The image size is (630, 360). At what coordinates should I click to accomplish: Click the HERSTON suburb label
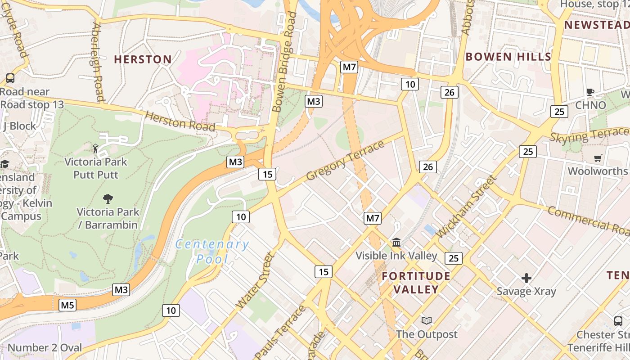(x=143, y=59)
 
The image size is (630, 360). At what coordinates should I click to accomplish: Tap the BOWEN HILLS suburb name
(x=508, y=57)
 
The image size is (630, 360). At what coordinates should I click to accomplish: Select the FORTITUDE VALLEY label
(x=416, y=283)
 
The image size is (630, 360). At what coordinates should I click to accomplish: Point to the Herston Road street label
(x=180, y=121)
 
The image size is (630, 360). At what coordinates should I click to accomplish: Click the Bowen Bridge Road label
(x=285, y=62)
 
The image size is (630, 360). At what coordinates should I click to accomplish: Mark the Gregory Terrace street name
(x=345, y=160)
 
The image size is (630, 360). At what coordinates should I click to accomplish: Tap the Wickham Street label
(x=467, y=207)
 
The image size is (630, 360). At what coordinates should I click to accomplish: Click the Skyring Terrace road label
(x=589, y=135)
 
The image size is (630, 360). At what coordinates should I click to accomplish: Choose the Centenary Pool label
(x=211, y=252)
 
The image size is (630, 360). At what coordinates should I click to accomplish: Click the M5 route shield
(x=67, y=306)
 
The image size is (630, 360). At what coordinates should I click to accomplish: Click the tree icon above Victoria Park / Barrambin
(x=108, y=198)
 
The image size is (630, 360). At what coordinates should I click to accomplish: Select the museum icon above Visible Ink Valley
(x=396, y=243)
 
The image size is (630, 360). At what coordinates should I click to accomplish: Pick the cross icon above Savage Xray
(x=526, y=278)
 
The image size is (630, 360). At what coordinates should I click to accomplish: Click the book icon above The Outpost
(x=426, y=321)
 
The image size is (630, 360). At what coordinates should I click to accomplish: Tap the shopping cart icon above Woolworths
(x=598, y=158)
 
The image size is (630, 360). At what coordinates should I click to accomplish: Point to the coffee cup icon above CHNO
(x=590, y=92)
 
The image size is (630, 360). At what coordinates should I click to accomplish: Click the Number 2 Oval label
(x=45, y=347)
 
